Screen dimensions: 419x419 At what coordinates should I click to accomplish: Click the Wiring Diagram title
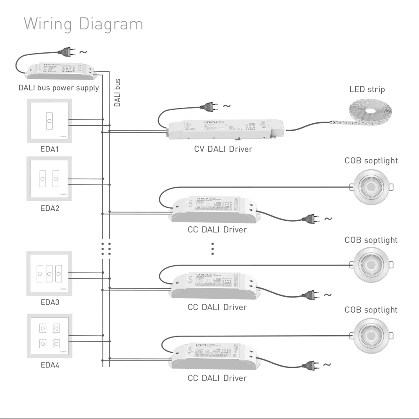point(83,24)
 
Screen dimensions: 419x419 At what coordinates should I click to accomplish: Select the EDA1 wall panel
point(49,120)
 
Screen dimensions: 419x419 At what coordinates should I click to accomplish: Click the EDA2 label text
point(49,208)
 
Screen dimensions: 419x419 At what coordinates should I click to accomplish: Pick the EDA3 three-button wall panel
point(49,274)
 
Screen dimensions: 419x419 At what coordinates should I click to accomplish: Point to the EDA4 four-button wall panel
point(49,336)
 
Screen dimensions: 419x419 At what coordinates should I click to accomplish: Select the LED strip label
point(367,89)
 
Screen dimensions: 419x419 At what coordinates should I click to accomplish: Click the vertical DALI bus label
point(118,93)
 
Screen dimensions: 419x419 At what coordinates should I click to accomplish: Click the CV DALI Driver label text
point(223,149)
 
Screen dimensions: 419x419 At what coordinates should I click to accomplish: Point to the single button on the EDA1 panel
point(49,121)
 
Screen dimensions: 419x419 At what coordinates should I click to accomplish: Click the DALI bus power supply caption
point(59,88)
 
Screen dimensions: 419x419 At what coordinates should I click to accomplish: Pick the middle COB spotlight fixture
point(371,264)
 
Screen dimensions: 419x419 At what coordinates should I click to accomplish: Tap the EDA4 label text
point(50,365)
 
